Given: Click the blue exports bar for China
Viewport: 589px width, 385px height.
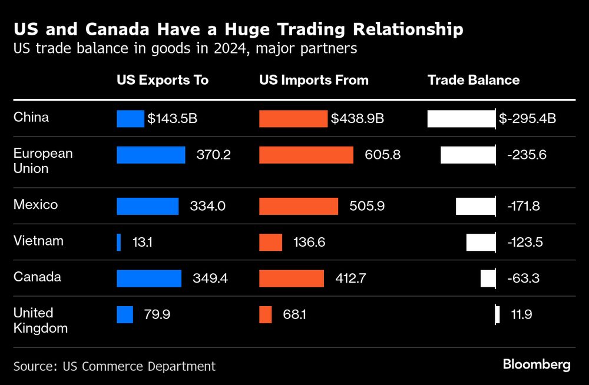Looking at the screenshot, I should coord(130,119).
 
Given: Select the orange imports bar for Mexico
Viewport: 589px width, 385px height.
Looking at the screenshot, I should coord(299,206).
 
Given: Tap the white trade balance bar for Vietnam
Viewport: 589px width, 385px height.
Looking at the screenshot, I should coord(481,242).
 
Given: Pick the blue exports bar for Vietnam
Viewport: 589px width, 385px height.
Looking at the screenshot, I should coord(119,242).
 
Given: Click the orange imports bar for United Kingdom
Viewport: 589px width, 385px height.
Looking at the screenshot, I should coord(266,314).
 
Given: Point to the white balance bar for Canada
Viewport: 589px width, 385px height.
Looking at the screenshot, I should coord(488,278).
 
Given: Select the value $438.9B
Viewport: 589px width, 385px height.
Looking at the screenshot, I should coord(358,119).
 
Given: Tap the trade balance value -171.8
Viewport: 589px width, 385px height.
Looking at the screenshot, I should coord(524,206).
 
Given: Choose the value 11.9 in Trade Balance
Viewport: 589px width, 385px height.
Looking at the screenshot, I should coord(522,314).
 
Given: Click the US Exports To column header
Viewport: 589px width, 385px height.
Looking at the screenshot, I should coord(163,80).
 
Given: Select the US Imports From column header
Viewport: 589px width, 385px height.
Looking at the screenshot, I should coord(314,80).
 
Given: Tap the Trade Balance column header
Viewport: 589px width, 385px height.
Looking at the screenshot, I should coord(474,80).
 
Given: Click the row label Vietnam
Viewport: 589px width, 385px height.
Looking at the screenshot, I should coord(38,241).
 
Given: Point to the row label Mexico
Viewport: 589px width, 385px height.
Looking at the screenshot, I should coord(36,205).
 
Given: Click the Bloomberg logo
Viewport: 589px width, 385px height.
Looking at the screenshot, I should coord(537,364).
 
